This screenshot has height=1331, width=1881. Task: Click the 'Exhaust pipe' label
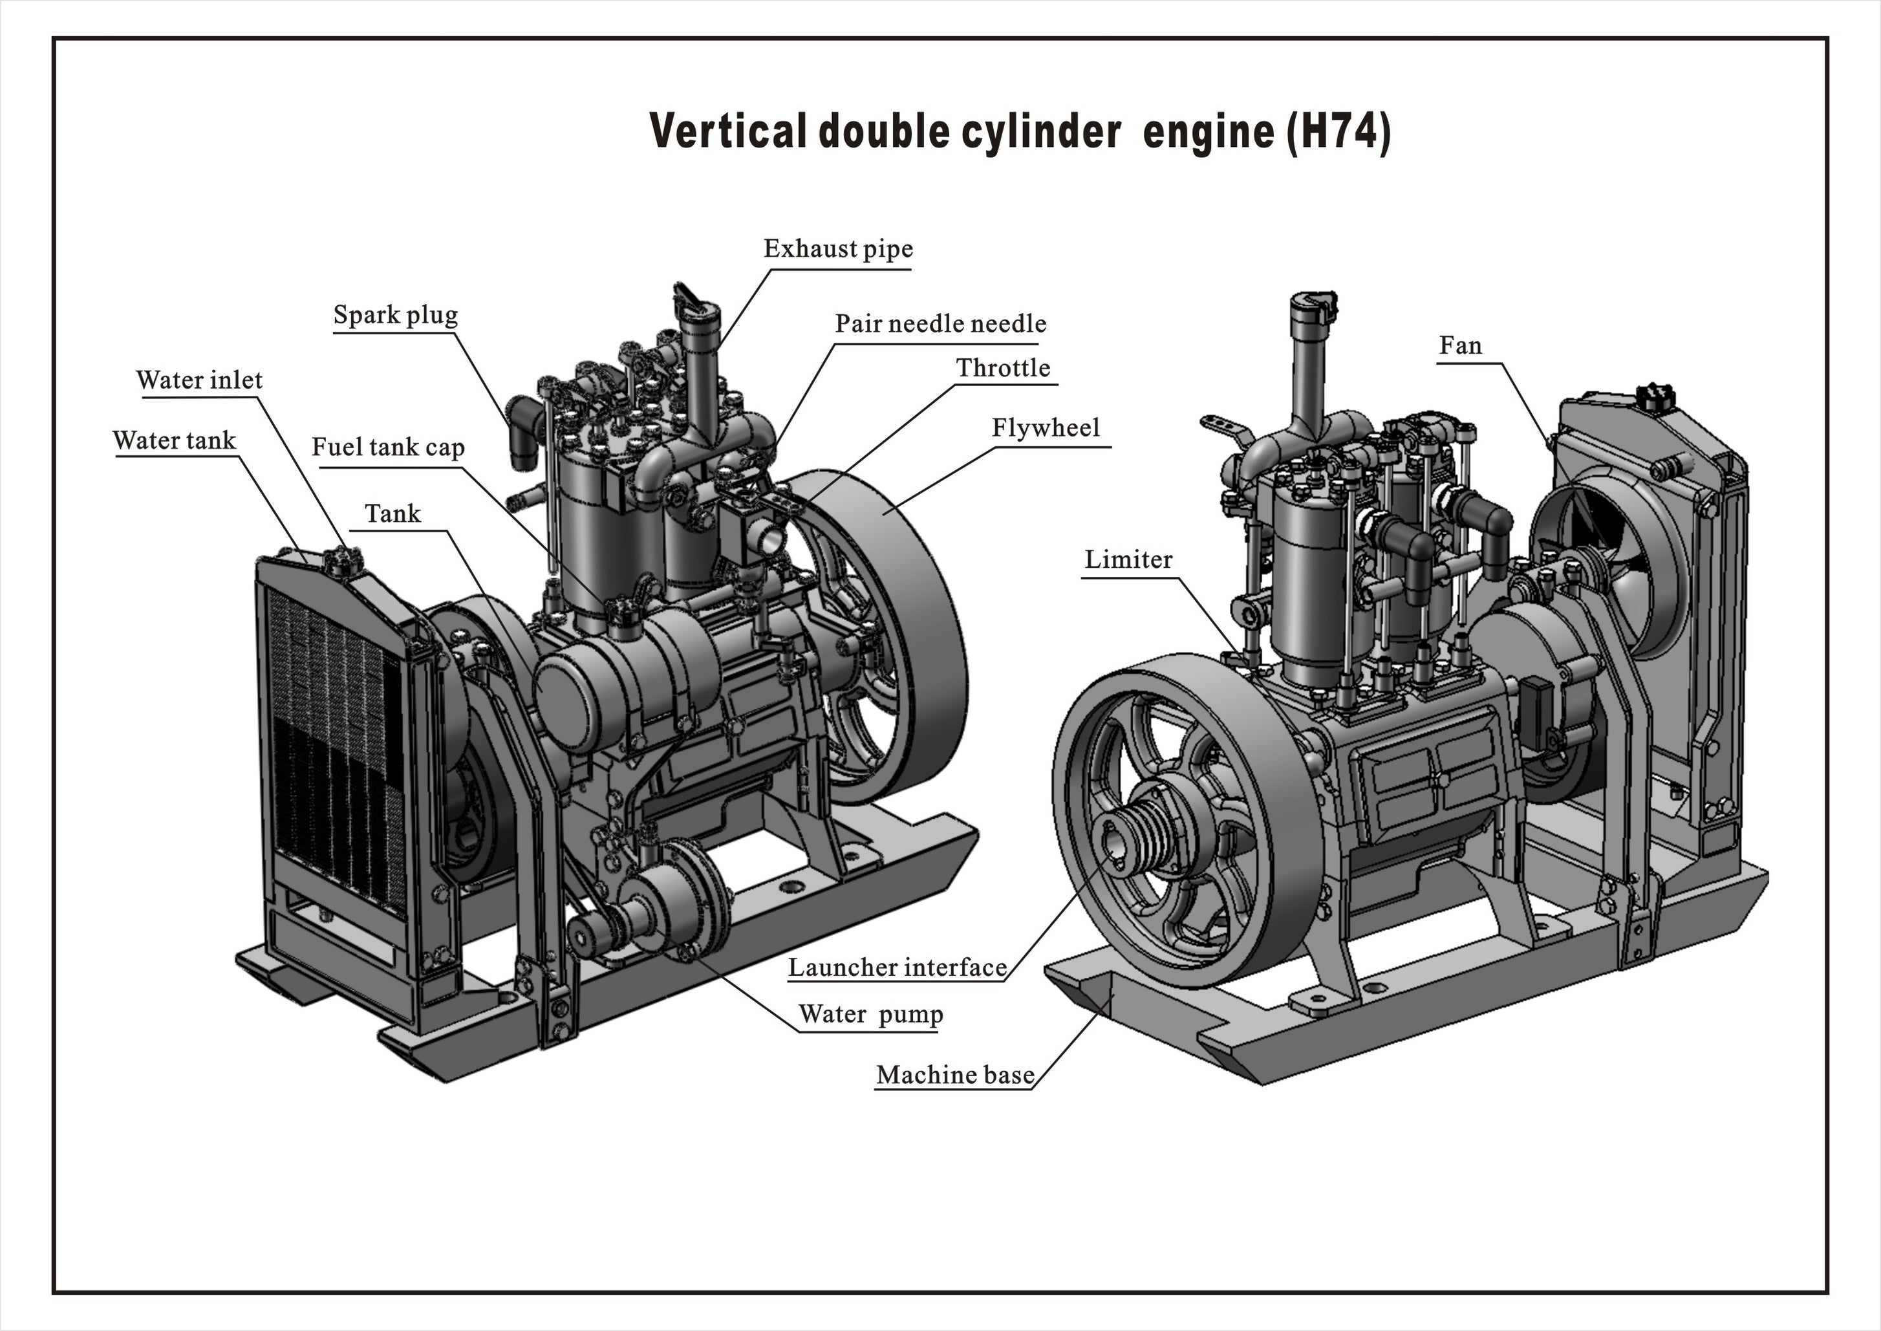pos(837,249)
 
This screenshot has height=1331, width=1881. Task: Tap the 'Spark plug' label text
pos(395,316)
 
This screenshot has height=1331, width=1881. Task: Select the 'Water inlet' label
pos(199,380)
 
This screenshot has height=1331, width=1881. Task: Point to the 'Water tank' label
pos(174,441)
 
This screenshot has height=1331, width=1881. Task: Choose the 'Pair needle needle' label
pos(940,324)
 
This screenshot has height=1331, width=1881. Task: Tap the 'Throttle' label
pos(1003,368)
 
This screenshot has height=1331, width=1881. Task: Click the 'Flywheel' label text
pos(1046,428)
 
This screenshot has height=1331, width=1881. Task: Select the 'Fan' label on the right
pos(1460,346)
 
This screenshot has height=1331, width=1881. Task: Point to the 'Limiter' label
pos(1128,560)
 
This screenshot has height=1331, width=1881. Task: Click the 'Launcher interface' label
pos(897,968)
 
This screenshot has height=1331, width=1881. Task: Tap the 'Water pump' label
pos(870,1015)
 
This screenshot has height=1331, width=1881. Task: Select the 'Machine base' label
pos(954,1076)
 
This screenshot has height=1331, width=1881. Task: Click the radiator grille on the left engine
pos(336,738)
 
